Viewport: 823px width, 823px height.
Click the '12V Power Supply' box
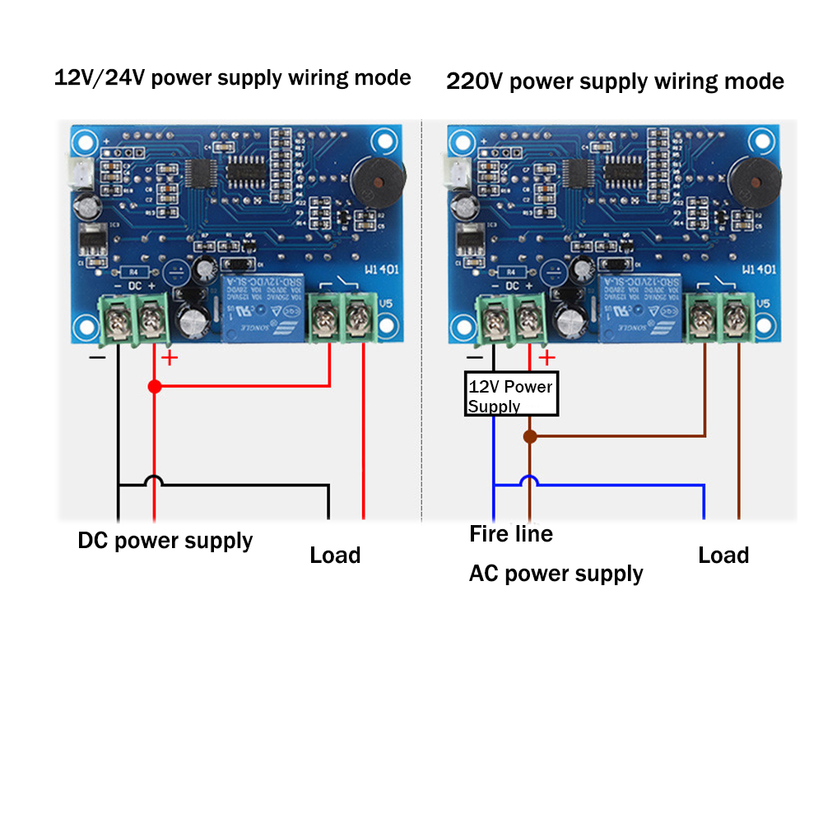click(511, 395)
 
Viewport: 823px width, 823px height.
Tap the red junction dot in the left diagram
click(154, 386)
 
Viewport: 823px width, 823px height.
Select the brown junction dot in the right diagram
click(530, 436)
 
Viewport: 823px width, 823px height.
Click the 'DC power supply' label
click(165, 541)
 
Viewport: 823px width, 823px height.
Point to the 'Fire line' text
click(511, 534)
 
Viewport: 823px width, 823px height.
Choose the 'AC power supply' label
click(556, 574)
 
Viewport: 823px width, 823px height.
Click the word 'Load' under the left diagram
click(335, 555)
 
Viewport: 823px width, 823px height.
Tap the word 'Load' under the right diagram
click(723, 555)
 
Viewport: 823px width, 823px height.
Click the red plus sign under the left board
click(169, 358)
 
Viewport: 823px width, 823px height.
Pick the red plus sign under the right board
click(547, 358)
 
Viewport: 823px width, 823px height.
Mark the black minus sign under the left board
click(97, 358)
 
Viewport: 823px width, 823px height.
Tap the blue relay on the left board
click(262, 306)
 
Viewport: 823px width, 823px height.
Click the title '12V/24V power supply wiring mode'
click(232, 78)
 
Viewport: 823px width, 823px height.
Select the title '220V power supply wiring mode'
click(615, 81)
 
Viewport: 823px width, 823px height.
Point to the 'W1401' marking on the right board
click(760, 269)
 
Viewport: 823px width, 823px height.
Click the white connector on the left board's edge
click(80, 172)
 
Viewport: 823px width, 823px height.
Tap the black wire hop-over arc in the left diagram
click(154, 481)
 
